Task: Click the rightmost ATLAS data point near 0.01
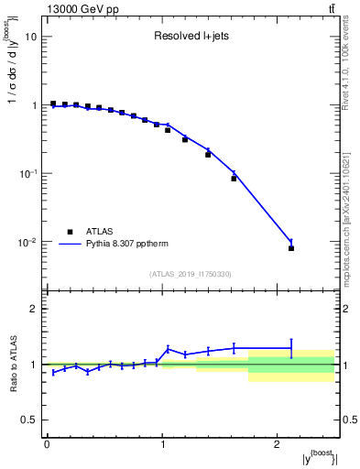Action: click(291, 248)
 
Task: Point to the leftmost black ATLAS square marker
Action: click(53, 104)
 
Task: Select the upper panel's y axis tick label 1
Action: click(34, 105)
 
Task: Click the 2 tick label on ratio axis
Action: click(34, 309)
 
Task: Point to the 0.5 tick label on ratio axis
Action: click(30, 420)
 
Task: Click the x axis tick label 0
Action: click(47, 443)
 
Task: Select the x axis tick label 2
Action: click(278, 443)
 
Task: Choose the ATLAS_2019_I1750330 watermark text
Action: click(191, 274)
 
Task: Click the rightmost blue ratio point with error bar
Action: click(291, 348)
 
